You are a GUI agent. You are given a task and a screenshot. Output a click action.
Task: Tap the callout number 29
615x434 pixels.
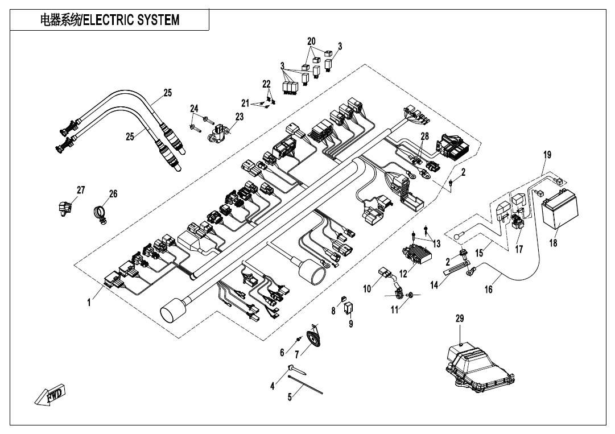460,320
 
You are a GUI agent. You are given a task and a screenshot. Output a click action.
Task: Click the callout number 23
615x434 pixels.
239,117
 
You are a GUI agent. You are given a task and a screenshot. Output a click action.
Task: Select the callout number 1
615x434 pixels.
89,303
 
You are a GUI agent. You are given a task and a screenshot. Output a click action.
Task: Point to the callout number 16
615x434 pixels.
488,290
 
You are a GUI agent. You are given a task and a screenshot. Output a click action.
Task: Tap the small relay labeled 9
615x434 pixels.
349,308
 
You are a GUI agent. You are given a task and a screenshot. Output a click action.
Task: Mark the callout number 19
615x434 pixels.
547,155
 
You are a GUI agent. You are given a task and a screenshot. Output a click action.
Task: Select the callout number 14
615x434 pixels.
435,285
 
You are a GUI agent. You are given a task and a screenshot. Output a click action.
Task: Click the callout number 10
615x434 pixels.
367,288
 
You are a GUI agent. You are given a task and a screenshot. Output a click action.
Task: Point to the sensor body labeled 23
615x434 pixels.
219,136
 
